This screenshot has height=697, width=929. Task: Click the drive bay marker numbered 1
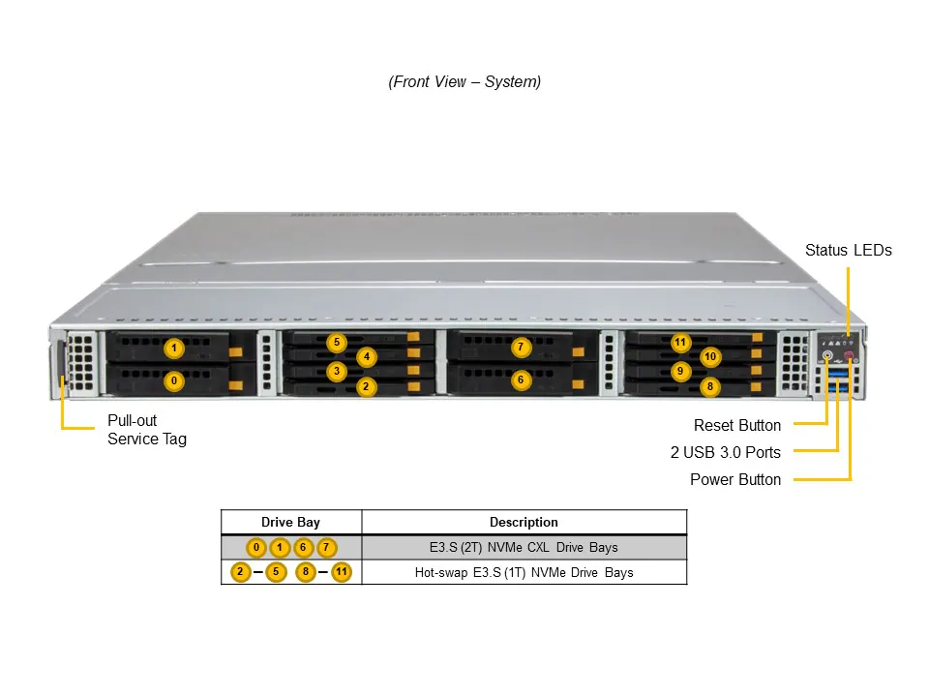pos(174,348)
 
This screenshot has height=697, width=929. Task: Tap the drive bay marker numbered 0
pos(174,381)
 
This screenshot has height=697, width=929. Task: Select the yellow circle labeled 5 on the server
pos(336,342)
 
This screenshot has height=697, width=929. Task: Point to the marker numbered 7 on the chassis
pos(520,347)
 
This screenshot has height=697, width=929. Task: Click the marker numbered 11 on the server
pos(680,342)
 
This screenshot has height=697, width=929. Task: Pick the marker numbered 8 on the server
pos(710,386)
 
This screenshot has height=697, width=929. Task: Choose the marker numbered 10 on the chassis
pos(710,356)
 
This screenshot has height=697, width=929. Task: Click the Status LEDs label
pos(848,251)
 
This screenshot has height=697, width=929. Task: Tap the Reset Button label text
pos(736,425)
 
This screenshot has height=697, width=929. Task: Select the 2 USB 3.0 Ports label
pos(725,452)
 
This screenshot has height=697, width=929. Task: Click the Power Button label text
pos(734,479)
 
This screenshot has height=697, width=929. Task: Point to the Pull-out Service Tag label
pos(146,430)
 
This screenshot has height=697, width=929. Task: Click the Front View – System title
pos(464,82)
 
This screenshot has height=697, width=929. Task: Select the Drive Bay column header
pos(290,522)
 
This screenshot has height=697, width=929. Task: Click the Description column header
pos(524,522)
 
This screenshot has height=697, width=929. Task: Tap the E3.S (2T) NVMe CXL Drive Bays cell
pos(524,548)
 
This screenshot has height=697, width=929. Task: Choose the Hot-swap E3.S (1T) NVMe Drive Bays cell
pos(524,572)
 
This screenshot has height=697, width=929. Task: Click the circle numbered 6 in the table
pos(304,548)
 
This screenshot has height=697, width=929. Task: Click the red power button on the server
pos(849,355)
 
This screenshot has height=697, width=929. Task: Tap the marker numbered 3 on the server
pos(336,371)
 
